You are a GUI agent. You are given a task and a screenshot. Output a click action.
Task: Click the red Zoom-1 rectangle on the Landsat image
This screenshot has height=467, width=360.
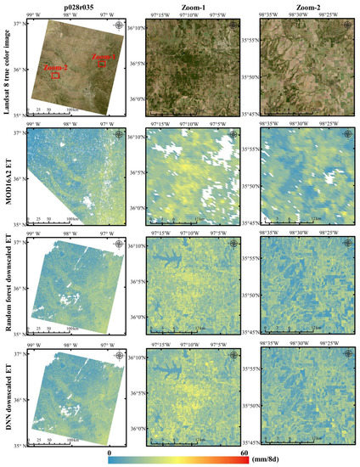point(102,63)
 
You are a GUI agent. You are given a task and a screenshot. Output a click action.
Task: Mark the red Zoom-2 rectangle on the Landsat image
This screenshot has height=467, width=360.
point(55,76)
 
